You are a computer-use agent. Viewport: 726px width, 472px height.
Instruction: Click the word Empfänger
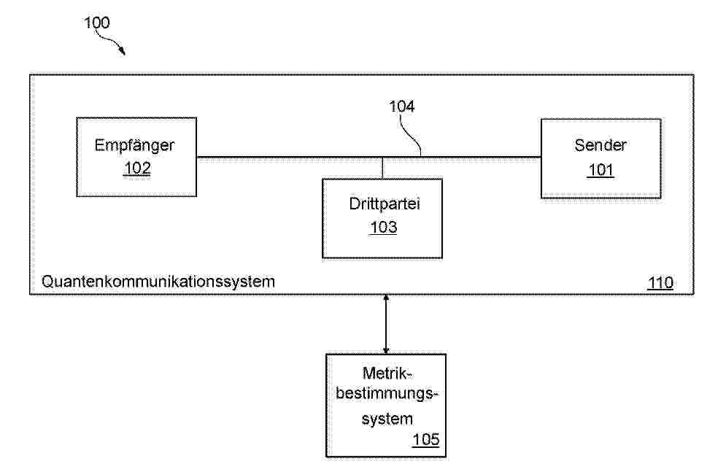134,146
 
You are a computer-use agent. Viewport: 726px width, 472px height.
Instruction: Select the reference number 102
137,168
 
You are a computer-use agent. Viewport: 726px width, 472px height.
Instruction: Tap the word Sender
601,145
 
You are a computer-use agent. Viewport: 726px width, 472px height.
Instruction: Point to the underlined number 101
601,170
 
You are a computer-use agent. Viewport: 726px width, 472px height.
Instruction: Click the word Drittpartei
385,204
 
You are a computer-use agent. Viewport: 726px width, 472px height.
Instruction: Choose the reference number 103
383,227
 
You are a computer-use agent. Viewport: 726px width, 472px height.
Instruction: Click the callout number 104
401,107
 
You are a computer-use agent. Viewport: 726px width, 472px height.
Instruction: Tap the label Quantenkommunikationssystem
158,282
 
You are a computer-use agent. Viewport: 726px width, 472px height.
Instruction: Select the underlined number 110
660,282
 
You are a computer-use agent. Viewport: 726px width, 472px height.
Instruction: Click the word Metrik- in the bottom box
387,373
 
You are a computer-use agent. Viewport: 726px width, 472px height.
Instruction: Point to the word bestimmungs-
387,394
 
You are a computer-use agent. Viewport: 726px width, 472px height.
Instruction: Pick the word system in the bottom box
387,419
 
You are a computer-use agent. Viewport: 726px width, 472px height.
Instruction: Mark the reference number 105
426,439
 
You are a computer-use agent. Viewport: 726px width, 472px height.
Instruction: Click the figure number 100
97,23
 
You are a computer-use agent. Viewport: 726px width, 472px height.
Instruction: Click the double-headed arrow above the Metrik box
386,325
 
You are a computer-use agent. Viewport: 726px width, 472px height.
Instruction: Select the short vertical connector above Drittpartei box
382,169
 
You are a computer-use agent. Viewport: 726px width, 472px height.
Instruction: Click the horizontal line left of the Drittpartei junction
290,158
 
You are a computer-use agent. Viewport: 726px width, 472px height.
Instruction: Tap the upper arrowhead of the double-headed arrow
386,298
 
